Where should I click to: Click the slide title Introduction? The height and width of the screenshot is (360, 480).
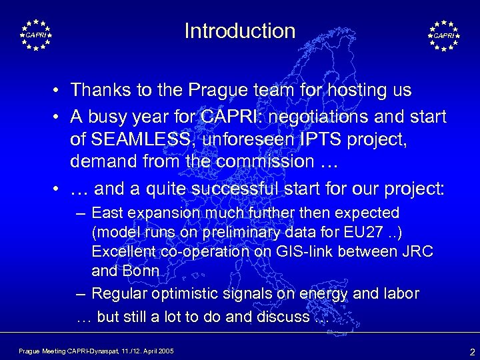[240, 31]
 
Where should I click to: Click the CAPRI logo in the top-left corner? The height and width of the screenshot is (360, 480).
[36, 34]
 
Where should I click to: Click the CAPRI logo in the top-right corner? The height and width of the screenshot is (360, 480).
[443, 34]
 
